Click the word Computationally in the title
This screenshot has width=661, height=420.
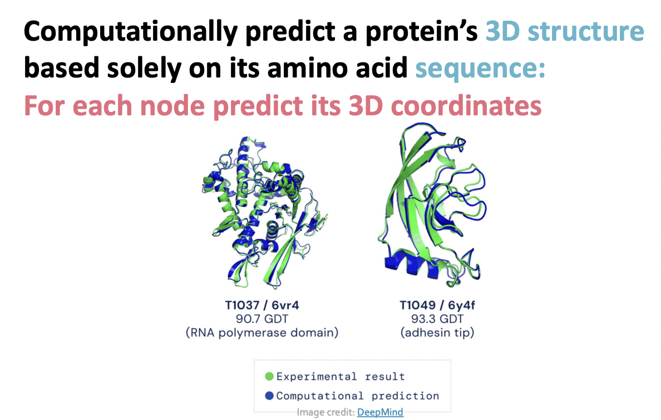[131, 32]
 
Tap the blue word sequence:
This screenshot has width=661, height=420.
[480, 69]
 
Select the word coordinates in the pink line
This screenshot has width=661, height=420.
[466, 106]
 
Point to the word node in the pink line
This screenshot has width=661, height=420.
[172, 105]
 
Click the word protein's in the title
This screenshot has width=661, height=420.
[422, 32]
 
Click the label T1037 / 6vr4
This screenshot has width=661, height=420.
[262, 305]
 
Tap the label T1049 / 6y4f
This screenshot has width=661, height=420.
[437, 305]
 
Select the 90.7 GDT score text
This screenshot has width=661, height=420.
[262, 319]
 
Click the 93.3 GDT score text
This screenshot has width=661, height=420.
[437, 319]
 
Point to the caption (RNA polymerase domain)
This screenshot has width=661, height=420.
[262, 333]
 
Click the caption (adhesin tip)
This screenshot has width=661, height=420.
[437, 333]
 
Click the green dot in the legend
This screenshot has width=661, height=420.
[269, 376]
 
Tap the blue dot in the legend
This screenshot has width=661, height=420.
[269, 395]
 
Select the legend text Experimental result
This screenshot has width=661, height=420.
[341, 376]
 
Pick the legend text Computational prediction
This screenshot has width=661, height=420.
[357, 396]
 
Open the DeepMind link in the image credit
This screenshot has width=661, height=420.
[380, 412]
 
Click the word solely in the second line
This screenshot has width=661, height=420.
[144, 69]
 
